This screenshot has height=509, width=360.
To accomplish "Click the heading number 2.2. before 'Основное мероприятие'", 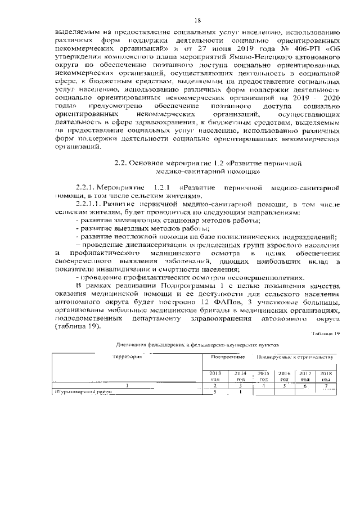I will [121, 163].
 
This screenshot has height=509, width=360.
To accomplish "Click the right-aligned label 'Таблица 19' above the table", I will [326, 334].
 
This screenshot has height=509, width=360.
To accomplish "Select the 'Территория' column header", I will [128, 357].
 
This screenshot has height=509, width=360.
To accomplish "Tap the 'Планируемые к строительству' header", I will [295, 357].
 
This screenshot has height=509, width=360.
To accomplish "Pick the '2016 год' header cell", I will [285, 376].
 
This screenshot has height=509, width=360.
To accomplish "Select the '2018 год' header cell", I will [326, 376].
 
